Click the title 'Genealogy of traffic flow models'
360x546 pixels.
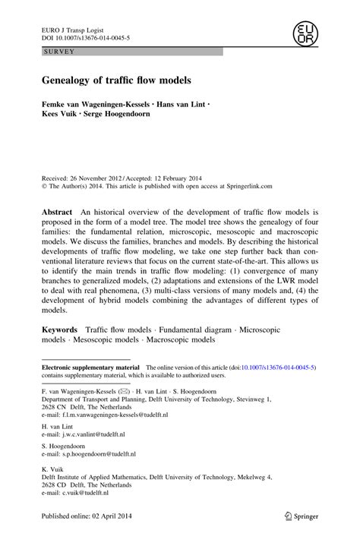point(122,80)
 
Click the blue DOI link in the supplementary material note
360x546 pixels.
point(276,367)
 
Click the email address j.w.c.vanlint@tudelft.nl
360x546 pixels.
point(93,434)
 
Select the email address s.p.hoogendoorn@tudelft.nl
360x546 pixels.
point(98,454)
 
